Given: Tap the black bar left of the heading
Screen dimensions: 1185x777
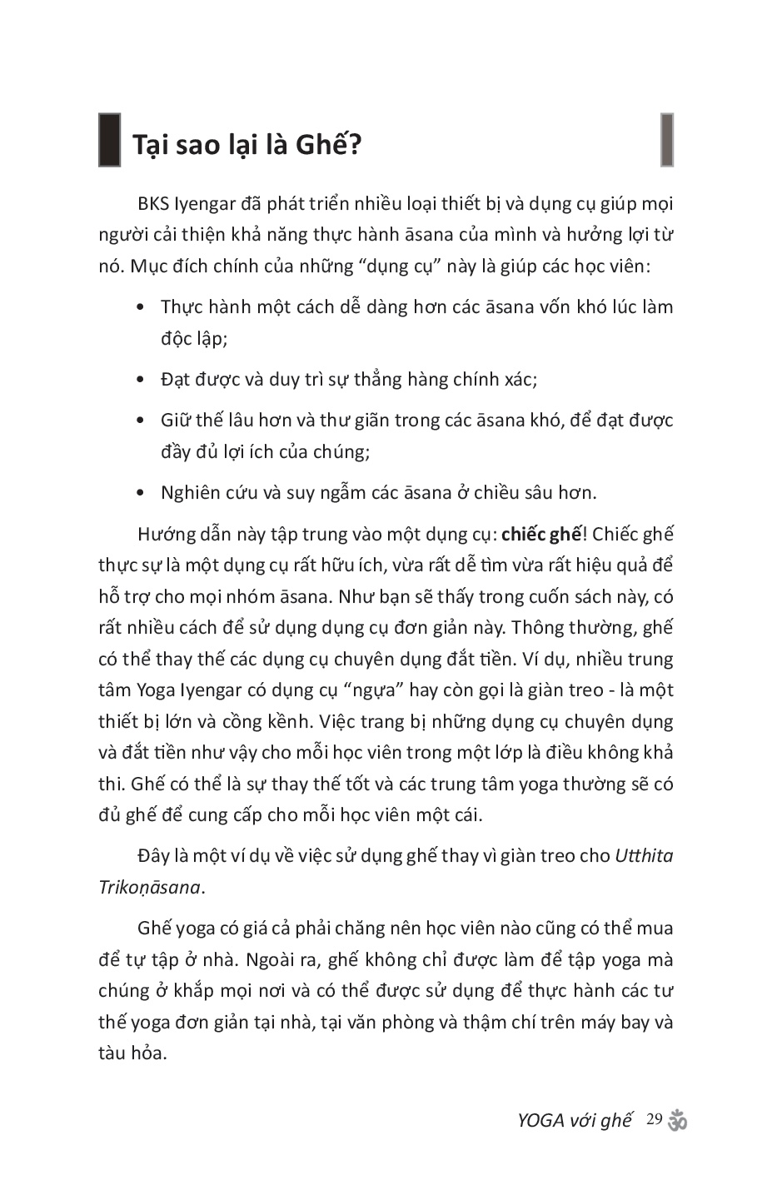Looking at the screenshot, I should tap(109, 140).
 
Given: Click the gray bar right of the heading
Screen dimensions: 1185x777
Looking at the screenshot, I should tap(667, 140).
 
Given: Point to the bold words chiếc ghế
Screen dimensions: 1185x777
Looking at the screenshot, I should tap(540, 534).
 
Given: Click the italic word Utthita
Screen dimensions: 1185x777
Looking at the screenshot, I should tap(644, 855).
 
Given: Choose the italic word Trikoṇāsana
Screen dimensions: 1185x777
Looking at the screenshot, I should tap(149, 887).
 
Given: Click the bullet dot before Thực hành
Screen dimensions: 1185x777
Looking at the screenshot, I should tap(141, 307).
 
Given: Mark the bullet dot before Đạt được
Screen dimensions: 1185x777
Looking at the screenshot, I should tap(141, 381).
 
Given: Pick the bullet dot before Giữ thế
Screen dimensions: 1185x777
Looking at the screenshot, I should tap(141, 421).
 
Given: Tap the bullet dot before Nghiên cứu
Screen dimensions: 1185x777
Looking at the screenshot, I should tap(141, 493).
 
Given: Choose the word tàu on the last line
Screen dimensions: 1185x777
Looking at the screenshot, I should tap(112, 1053).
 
